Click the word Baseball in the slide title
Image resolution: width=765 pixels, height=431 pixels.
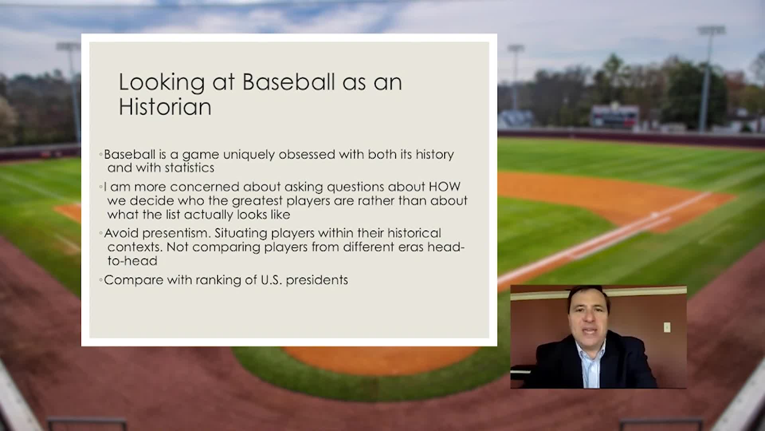[288, 82]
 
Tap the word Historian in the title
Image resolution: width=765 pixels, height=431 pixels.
[165, 107]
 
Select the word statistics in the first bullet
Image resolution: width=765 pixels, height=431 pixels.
[189, 168]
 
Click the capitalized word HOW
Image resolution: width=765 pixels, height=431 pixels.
[444, 187]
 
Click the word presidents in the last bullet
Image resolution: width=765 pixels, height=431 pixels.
[317, 280]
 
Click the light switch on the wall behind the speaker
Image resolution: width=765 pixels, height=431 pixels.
[667, 327]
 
